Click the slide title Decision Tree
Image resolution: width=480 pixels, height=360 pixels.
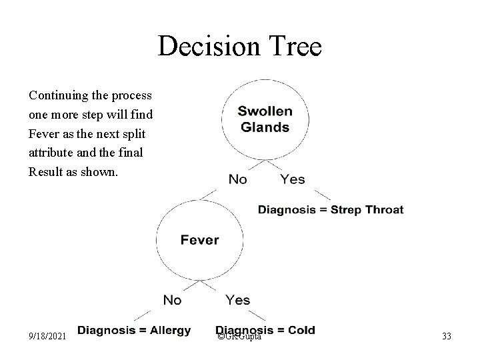pos(240,46)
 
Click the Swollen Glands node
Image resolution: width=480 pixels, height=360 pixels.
pos(265,120)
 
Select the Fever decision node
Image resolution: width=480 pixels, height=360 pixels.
pos(199,240)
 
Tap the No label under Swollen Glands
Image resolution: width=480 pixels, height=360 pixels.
pos(238,179)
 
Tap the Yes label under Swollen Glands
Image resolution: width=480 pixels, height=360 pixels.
pos(293,179)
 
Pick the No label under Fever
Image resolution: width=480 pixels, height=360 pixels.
pos(172,300)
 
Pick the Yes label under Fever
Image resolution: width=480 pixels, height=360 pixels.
pos(238,300)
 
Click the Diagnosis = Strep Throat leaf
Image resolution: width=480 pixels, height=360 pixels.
pos(331,209)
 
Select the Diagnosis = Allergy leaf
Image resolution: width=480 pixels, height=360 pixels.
pos(134,330)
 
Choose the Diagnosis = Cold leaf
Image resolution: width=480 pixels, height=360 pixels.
pos(265,330)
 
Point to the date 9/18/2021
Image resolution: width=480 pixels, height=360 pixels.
pos(47,337)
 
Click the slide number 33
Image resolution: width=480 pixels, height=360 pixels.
pos(446,337)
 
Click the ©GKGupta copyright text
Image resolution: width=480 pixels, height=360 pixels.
pos(239,337)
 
